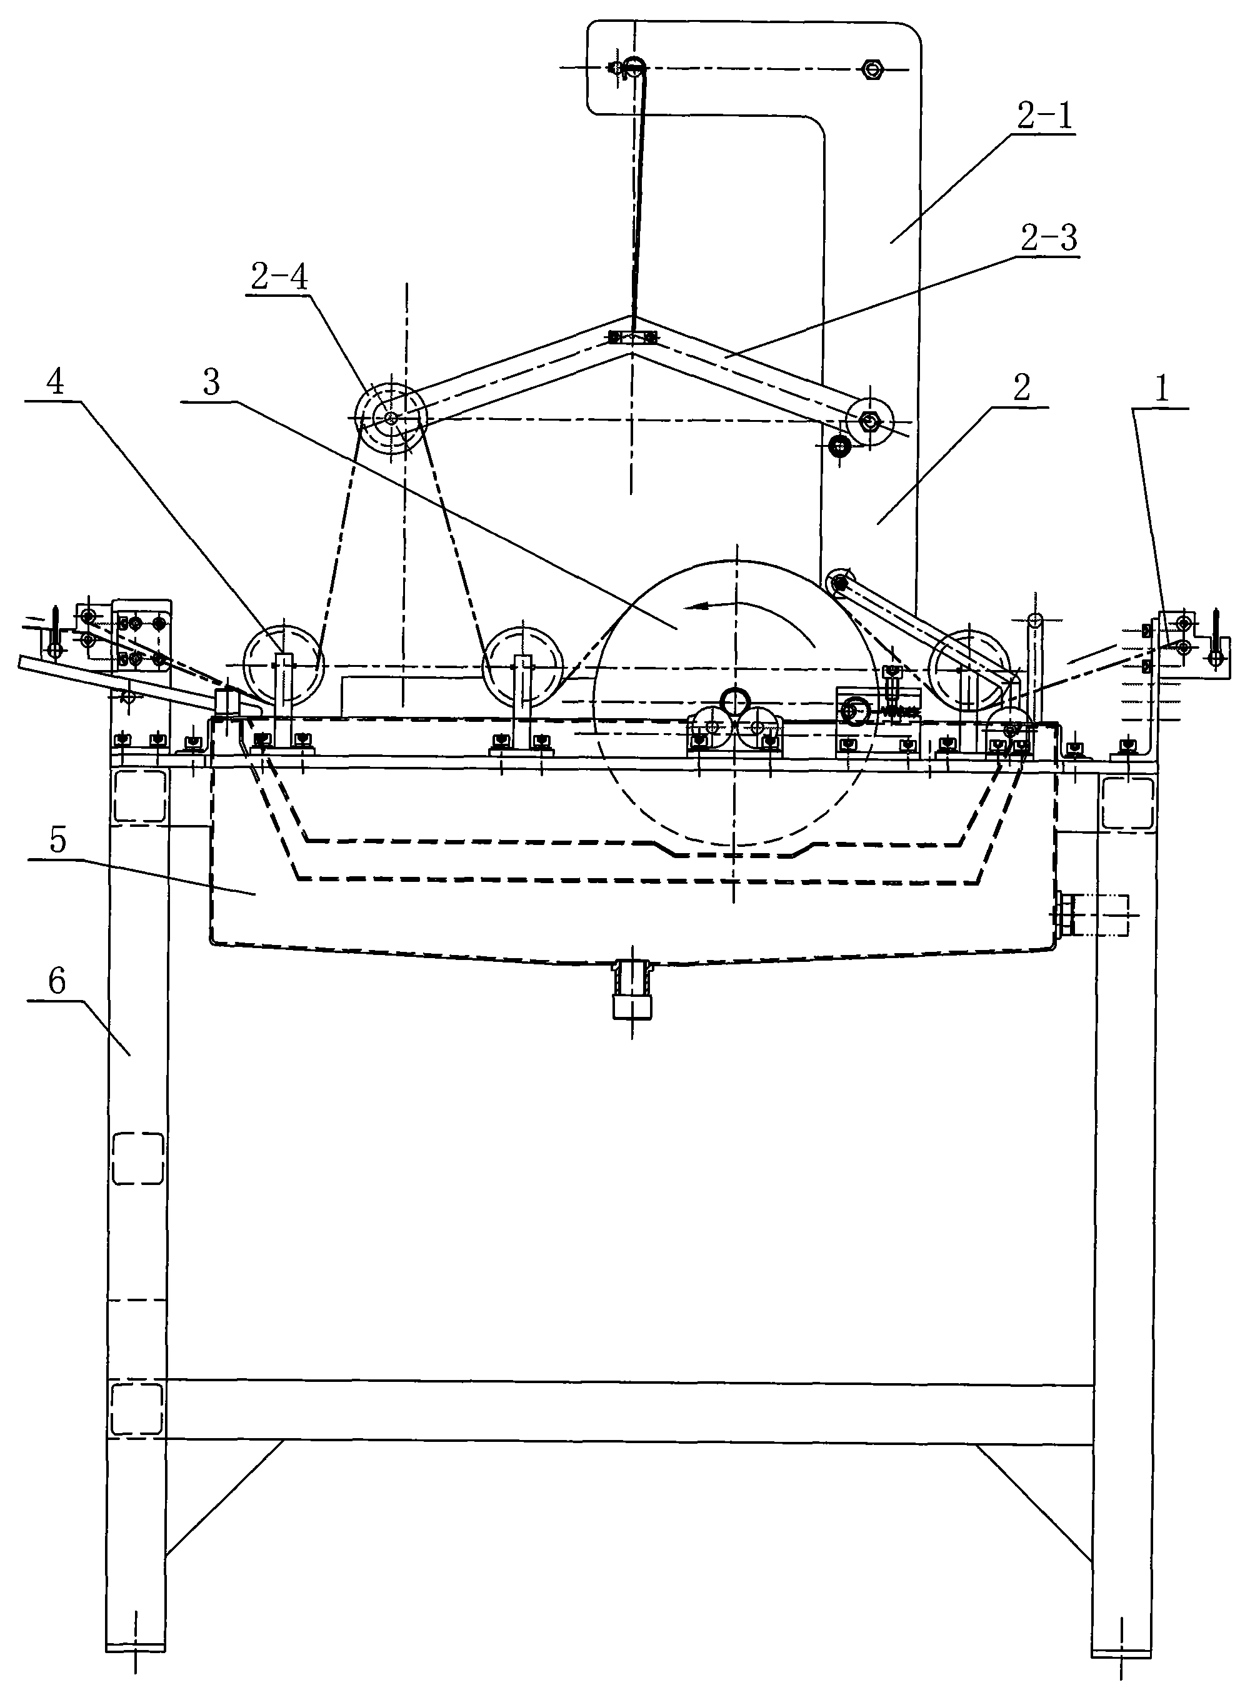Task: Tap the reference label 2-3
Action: (1048, 239)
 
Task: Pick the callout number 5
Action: (57, 841)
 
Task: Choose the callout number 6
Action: (57, 982)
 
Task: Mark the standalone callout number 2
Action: (1022, 388)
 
